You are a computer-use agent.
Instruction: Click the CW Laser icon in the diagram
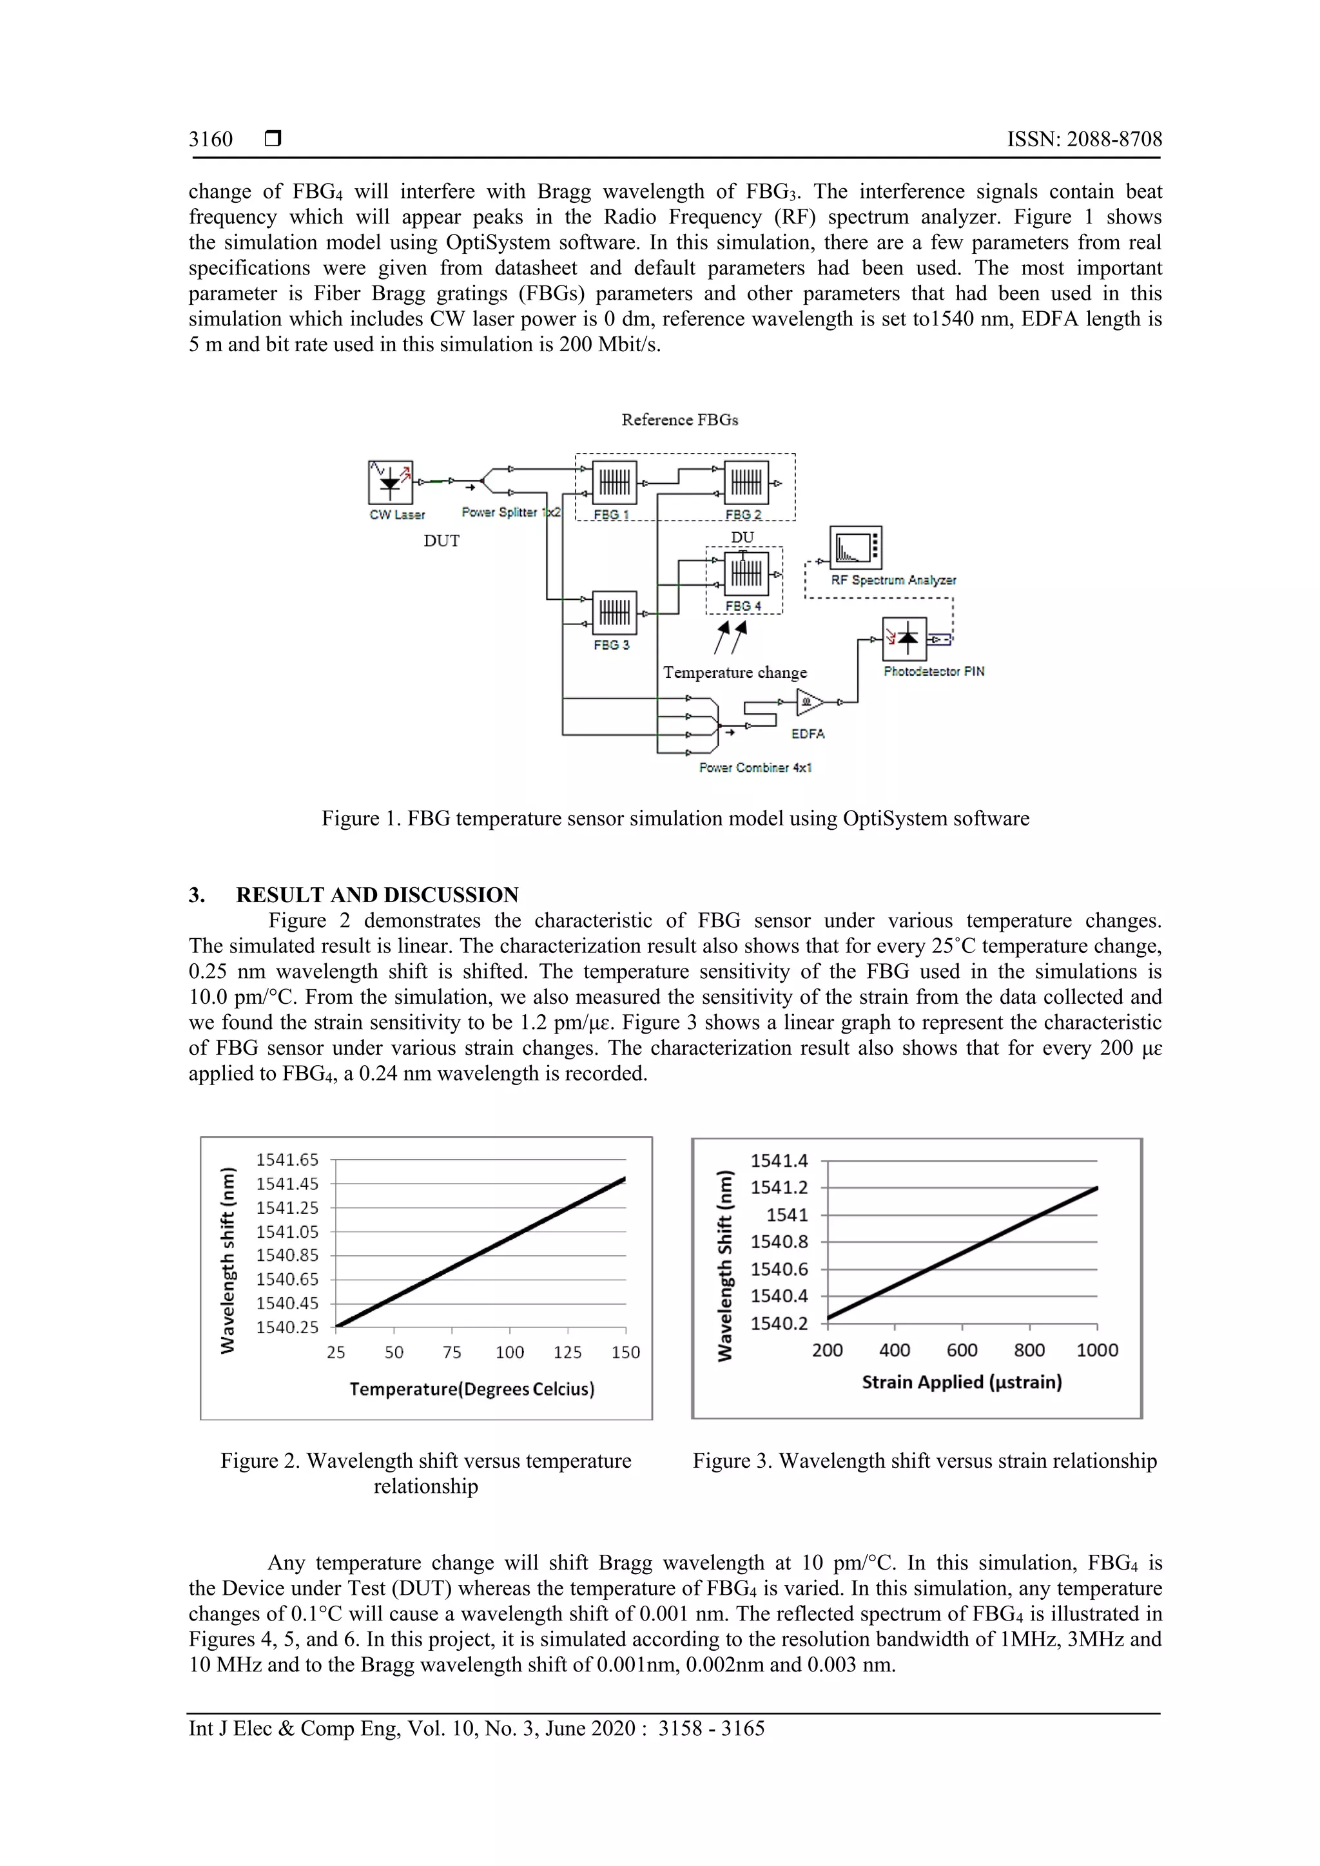coord(390,483)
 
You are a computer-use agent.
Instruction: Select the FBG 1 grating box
coord(614,483)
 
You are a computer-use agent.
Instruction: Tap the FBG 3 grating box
coord(614,613)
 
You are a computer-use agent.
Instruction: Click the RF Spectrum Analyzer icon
coord(855,548)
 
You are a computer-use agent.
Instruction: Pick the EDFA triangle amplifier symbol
coord(810,702)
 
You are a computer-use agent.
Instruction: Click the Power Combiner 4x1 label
coord(755,767)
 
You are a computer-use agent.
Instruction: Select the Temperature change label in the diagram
coord(735,672)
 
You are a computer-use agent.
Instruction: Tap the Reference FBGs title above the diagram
coord(679,419)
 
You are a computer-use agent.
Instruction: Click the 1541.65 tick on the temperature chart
coord(287,1160)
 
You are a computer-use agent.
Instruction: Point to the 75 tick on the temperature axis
coord(452,1352)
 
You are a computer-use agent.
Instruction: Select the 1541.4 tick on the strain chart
coord(779,1160)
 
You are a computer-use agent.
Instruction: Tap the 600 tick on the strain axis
coord(962,1350)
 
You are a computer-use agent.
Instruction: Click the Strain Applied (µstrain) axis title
coord(962,1381)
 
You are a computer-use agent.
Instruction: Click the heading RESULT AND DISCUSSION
coord(376,895)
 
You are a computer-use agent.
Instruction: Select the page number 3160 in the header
coord(211,139)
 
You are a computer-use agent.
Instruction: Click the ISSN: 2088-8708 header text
coord(1083,139)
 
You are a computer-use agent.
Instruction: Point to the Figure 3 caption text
coord(924,1461)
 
